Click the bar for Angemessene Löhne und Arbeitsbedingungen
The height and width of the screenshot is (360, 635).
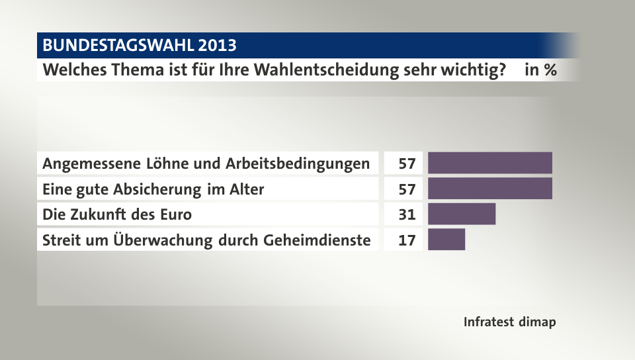click(489, 163)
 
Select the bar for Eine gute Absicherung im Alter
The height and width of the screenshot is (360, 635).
click(489, 189)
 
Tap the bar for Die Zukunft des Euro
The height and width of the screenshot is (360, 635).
click(462, 214)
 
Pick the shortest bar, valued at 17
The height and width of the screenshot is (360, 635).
click(446, 240)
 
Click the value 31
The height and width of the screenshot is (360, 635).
click(407, 214)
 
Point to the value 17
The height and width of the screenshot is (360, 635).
click(407, 240)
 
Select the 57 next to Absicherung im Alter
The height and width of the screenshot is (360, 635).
click(407, 189)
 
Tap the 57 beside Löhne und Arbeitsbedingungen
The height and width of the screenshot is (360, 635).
click(407, 163)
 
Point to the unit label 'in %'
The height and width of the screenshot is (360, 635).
click(540, 69)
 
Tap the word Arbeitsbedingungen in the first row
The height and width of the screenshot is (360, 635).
click(303, 163)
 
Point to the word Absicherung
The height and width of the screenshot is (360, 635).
click(156, 189)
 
